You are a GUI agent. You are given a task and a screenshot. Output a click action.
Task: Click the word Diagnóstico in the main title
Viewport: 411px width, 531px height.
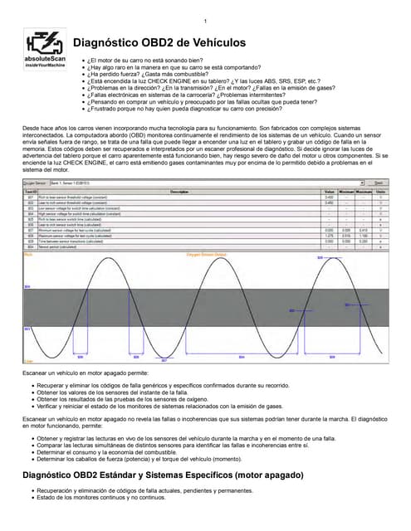pyautogui.click(x=113, y=42)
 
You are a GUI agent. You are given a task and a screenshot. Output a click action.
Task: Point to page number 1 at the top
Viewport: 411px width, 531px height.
pyautogui.click(x=205, y=21)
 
